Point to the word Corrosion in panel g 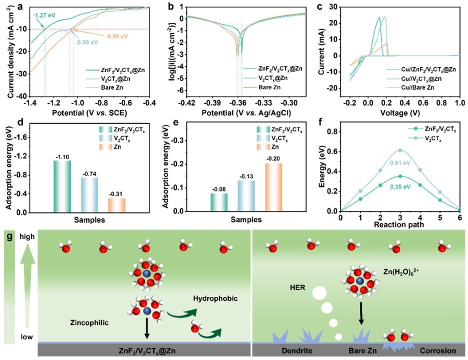(x=437, y=351)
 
